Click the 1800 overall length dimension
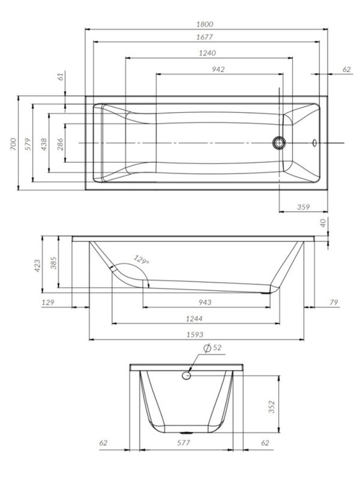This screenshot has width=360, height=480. [x=205, y=24]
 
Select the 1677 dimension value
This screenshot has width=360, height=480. [x=204, y=37]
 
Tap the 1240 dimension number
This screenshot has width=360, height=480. [x=208, y=53]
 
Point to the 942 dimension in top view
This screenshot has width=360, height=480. [x=219, y=70]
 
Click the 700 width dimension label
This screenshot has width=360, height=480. [x=13, y=144]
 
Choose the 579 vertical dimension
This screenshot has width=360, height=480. [x=28, y=144]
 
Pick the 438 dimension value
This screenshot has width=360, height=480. [x=44, y=144]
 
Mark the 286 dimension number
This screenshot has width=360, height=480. [x=60, y=144]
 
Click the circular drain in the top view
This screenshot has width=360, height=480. [x=279, y=143]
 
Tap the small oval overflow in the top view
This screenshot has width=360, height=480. [x=315, y=143]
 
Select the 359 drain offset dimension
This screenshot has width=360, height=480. [x=303, y=207]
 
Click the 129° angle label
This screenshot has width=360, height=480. [x=141, y=260]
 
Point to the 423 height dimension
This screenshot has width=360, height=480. [x=37, y=266]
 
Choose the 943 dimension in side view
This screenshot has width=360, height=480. [x=204, y=302]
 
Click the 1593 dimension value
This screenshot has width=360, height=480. [x=195, y=334]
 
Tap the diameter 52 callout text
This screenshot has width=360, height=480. [x=213, y=348]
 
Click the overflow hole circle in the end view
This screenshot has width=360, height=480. [x=186, y=375]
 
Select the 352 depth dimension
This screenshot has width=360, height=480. [x=272, y=407]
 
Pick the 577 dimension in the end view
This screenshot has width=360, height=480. [x=183, y=442]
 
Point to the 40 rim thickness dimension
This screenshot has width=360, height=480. [x=323, y=222]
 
